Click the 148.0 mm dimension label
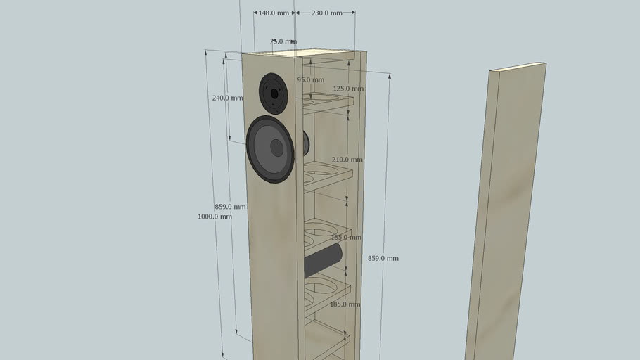tap(274, 13)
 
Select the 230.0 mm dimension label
tap(327, 13)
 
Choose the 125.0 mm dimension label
tap(348, 89)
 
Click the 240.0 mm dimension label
tap(226, 98)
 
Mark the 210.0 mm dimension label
tap(347, 160)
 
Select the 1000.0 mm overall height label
tap(215, 217)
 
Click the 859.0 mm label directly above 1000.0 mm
tap(230, 207)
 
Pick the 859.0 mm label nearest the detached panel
tap(383, 259)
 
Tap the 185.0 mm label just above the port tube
tap(345, 238)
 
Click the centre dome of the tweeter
tap(274, 92)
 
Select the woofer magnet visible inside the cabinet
tap(306, 143)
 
